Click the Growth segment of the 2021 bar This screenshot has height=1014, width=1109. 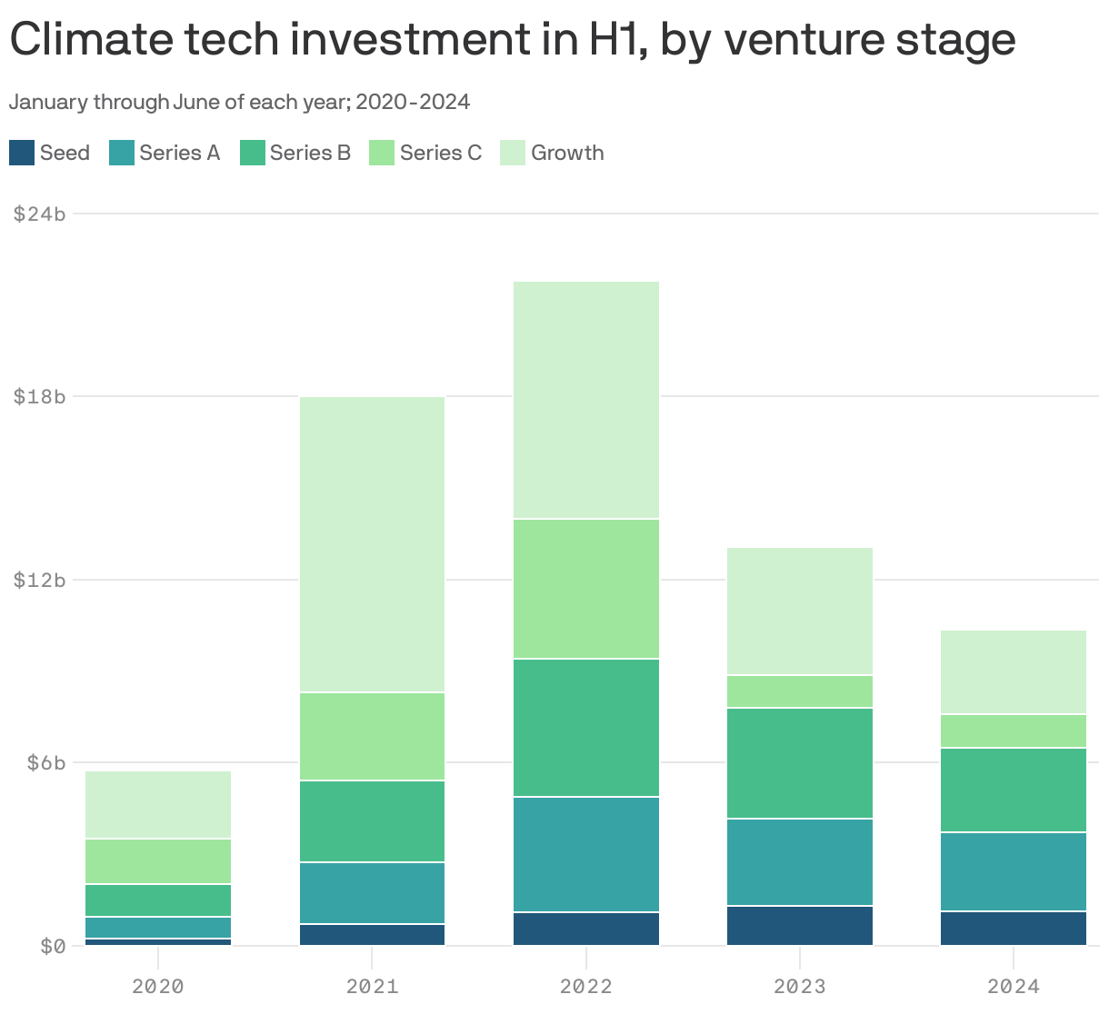click(x=372, y=544)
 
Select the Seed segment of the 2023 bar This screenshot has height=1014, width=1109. click(x=800, y=926)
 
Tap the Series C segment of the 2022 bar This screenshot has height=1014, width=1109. click(x=586, y=589)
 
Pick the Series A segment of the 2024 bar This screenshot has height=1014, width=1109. click(x=1014, y=871)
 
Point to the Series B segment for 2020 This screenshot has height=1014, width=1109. click(x=158, y=900)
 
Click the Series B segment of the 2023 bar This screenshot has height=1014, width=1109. click(x=800, y=763)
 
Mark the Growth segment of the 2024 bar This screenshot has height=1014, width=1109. click(x=1014, y=672)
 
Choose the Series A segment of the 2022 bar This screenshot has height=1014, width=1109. click(x=586, y=854)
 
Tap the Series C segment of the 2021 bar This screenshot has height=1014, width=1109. click(x=372, y=737)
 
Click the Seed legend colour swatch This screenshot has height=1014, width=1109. click(x=22, y=153)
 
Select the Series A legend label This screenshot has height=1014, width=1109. click(x=180, y=153)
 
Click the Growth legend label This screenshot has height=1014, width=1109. click(x=567, y=153)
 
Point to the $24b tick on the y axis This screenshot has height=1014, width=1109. click(x=40, y=214)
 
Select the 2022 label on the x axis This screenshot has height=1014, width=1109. click(x=586, y=986)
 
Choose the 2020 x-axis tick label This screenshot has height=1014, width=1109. click(x=158, y=986)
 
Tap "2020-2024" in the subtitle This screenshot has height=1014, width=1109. click(x=413, y=102)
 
